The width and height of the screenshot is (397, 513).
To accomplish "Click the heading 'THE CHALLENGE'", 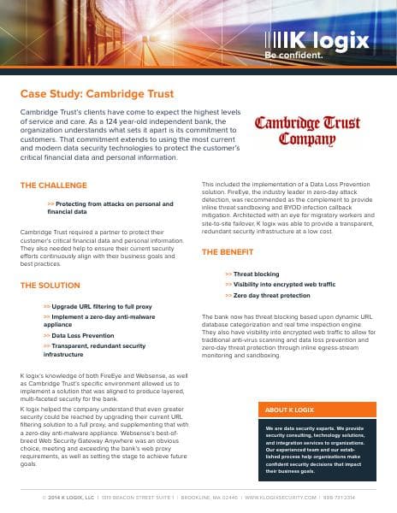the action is click(x=53, y=185).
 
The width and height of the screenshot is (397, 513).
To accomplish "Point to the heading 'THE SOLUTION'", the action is click(x=50, y=285).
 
